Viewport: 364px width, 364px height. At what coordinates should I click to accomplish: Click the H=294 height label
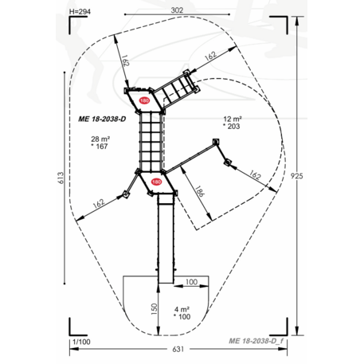(x=80, y=12)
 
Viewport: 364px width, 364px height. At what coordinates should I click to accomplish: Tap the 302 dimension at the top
(x=177, y=10)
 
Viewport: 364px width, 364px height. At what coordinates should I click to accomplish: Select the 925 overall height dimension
(x=296, y=176)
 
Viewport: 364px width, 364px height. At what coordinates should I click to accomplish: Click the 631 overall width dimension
(x=178, y=349)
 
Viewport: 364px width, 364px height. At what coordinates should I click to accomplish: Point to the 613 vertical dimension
(x=61, y=178)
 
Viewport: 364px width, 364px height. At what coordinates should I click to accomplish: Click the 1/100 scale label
(x=81, y=342)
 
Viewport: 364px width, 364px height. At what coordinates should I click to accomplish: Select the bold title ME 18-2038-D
(x=102, y=119)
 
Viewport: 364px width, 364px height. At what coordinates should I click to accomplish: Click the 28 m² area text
(x=100, y=139)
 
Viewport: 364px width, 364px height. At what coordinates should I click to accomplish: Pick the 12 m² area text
(x=233, y=119)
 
